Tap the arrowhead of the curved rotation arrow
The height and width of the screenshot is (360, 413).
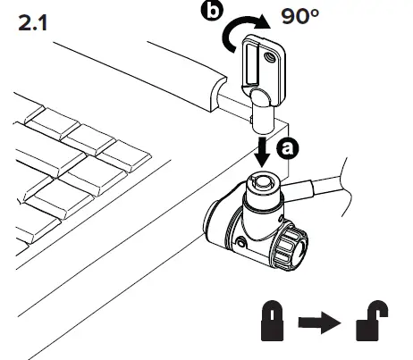click(x=260, y=24)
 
